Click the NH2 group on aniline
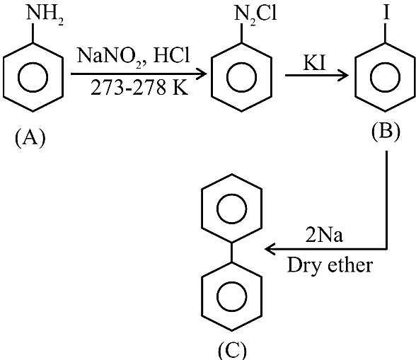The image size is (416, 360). click(45, 15)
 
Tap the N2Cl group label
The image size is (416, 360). click(255, 15)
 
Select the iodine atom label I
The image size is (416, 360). click(386, 13)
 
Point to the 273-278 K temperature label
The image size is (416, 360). click(139, 88)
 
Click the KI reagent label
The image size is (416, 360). click(314, 63)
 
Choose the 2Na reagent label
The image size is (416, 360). click(324, 236)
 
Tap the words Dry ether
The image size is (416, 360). click(330, 265)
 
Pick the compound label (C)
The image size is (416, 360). click(232, 351)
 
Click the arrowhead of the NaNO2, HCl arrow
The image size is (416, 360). click(203, 74)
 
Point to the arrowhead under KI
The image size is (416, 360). click(345, 76)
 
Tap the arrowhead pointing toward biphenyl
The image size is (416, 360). click(269, 249)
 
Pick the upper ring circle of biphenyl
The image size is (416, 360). click(232, 193)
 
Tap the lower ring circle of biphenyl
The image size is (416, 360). click(232, 281)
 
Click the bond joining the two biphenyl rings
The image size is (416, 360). click(232, 252)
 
